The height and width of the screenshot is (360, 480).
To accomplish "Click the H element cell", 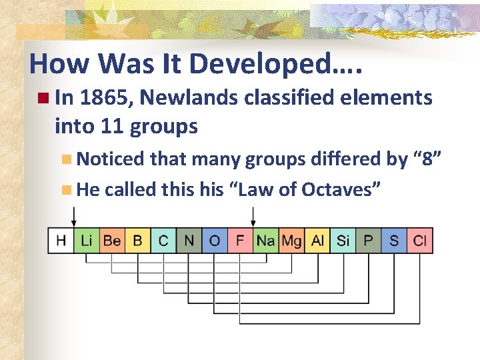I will pos(61,241).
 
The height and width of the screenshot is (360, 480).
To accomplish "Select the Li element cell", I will pos(86,241).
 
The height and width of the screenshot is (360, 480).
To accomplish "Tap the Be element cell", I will pos(111,241).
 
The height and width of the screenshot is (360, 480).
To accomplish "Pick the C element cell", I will pos(163,241).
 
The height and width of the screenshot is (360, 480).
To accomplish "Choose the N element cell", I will pos(189,241).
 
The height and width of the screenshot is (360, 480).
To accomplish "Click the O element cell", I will pos(214,241).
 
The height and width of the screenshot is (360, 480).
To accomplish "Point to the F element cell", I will pos(240,241).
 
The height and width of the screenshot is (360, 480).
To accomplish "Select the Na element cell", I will pos(265,241).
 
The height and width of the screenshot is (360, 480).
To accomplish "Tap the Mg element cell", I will pos(291,241).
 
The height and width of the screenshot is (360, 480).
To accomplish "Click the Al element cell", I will pos(317,241).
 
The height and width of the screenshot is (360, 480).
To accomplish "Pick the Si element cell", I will pos(343,241).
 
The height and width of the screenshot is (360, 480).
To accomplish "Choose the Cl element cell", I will pos(420,241).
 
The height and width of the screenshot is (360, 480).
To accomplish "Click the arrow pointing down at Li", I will pos(74,217).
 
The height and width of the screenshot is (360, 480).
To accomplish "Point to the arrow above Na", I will pos(253,217).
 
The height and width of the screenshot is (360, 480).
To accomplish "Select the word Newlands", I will pos(189,98).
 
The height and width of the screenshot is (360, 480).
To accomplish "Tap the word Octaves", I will pos(341,190).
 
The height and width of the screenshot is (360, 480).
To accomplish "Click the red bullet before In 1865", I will pos(43,99).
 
